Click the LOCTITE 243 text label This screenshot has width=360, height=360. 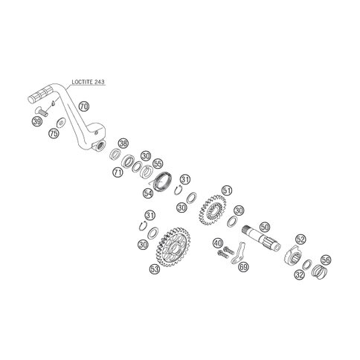click(x=88, y=82)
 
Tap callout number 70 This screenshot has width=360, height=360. click(x=84, y=106)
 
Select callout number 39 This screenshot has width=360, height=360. click(x=37, y=122)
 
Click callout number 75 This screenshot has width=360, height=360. click(x=54, y=133)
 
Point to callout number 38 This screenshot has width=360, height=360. click(x=123, y=144)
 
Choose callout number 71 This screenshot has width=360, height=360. click(x=118, y=172)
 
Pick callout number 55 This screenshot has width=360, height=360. click(x=158, y=164)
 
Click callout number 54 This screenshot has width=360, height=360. click(x=148, y=193)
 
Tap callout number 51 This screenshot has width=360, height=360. click(x=227, y=190)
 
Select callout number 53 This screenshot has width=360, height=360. click(x=155, y=269)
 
